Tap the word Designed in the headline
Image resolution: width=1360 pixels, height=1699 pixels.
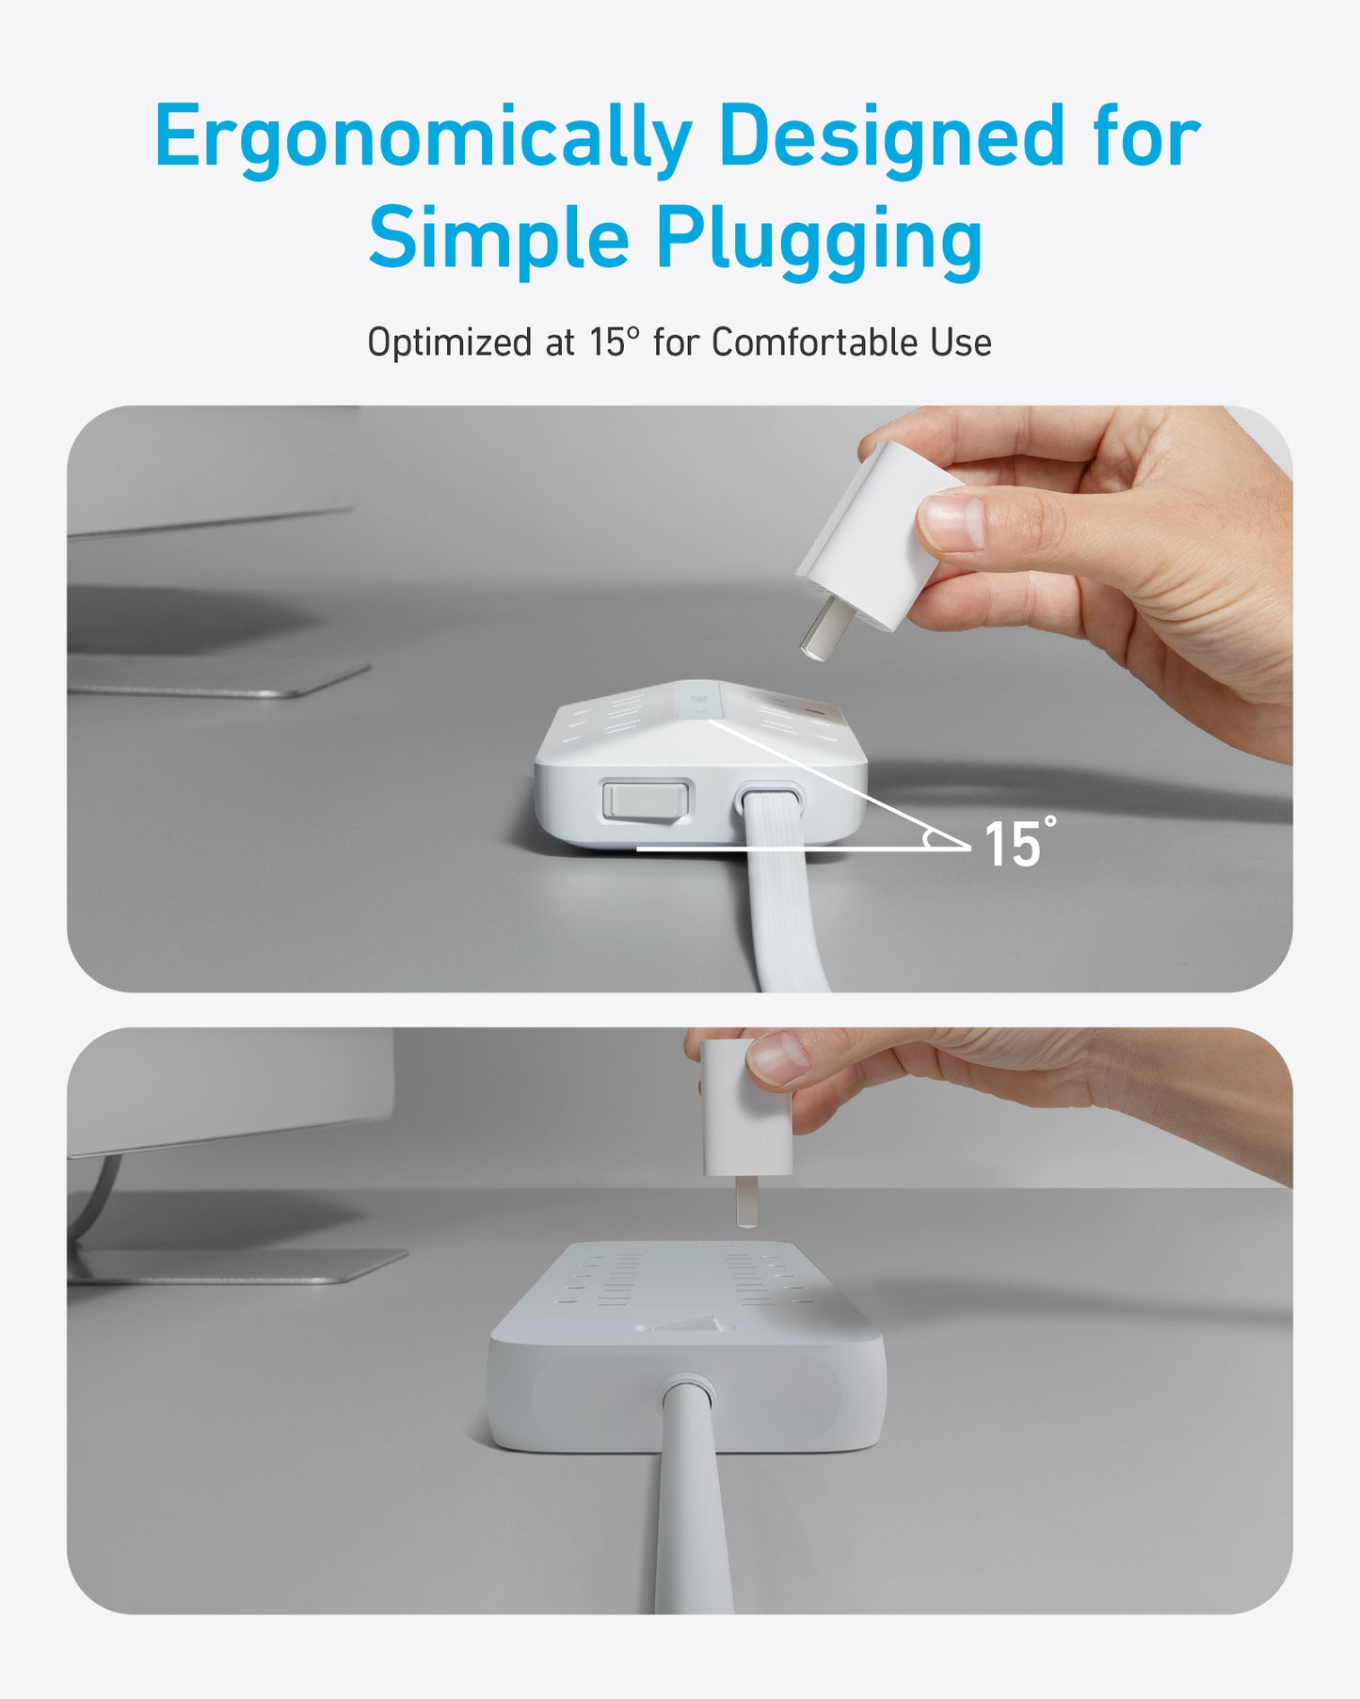(891, 136)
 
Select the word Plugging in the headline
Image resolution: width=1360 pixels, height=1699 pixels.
(819, 239)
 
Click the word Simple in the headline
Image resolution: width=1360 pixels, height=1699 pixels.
(498, 239)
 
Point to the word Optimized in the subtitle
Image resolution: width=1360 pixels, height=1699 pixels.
(451, 343)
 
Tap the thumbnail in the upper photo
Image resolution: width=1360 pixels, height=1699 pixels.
(952, 523)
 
